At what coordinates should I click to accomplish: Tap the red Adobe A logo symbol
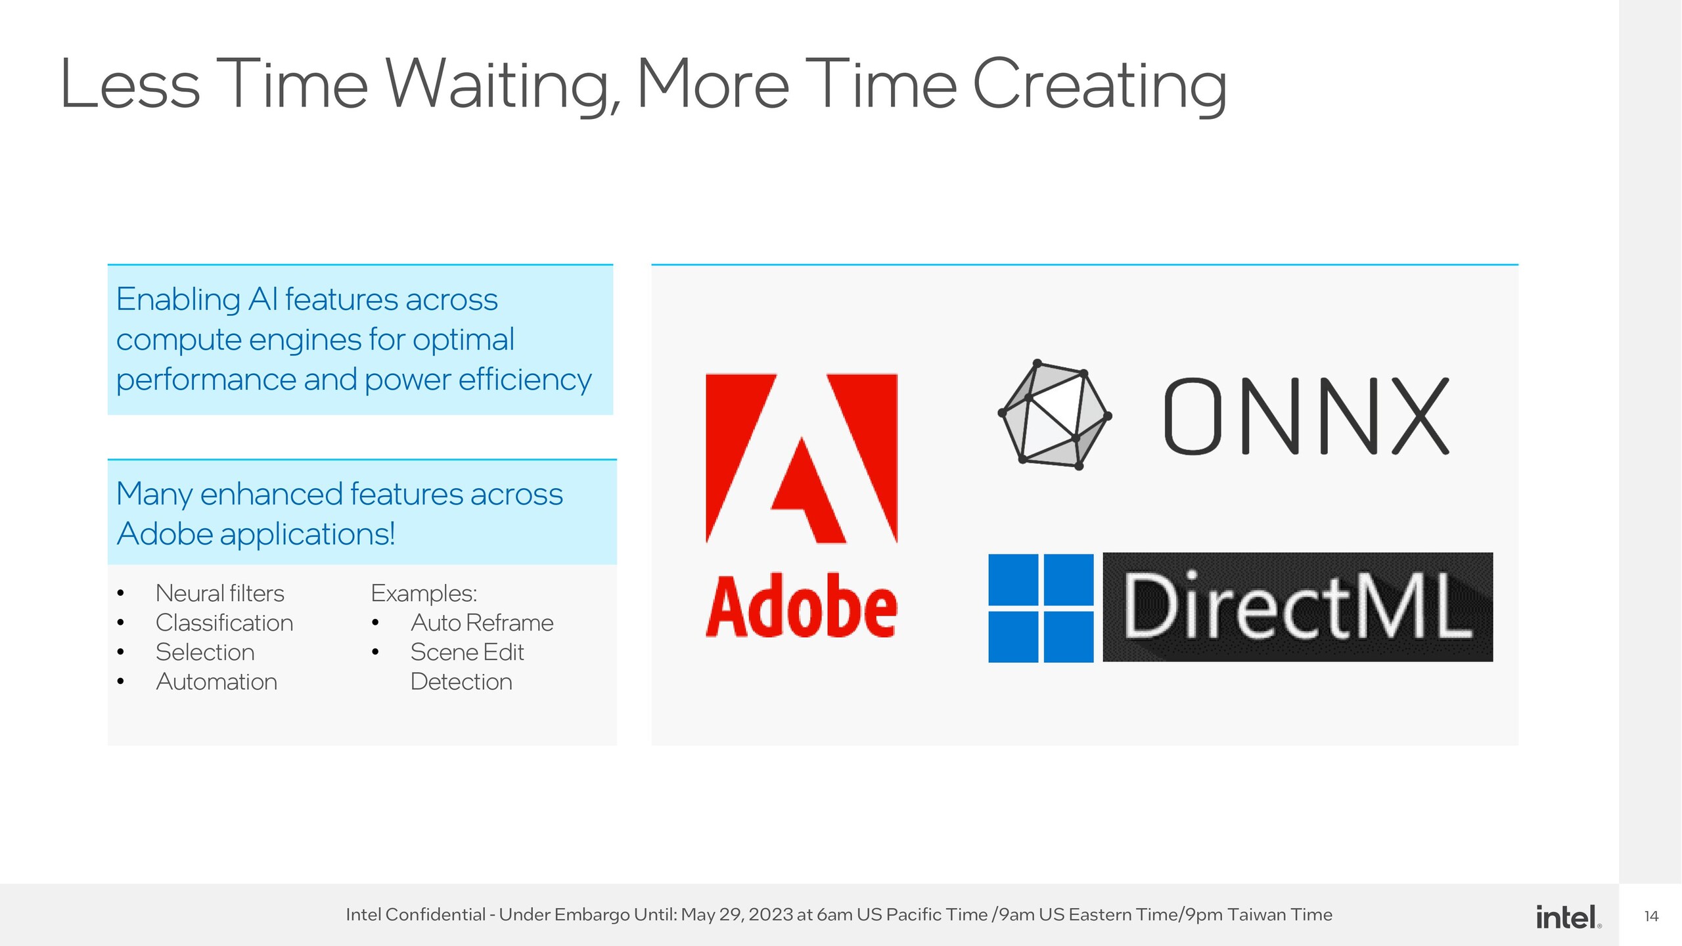pos(802,459)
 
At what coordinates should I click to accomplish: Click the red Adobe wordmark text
pos(802,605)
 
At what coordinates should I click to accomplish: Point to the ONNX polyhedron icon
pos(1055,415)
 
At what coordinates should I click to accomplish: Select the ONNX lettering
pos(1306,416)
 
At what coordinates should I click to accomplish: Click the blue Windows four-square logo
pos(1041,608)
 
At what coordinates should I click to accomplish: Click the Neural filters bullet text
pos(220,593)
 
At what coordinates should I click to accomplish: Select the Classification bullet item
pos(225,623)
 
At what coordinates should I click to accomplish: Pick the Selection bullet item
pos(205,652)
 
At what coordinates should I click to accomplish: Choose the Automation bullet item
pos(217,682)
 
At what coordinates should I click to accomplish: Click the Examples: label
pos(424,593)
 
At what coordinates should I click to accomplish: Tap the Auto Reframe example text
pos(482,623)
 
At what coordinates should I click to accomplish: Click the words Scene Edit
pos(467,652)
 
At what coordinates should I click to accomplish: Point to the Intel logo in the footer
pos(1568,917)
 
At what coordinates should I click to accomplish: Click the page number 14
pos(1651,916)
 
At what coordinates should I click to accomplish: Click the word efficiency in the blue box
pos(525,380)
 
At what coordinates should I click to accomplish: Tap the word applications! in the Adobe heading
pos(307,534)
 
